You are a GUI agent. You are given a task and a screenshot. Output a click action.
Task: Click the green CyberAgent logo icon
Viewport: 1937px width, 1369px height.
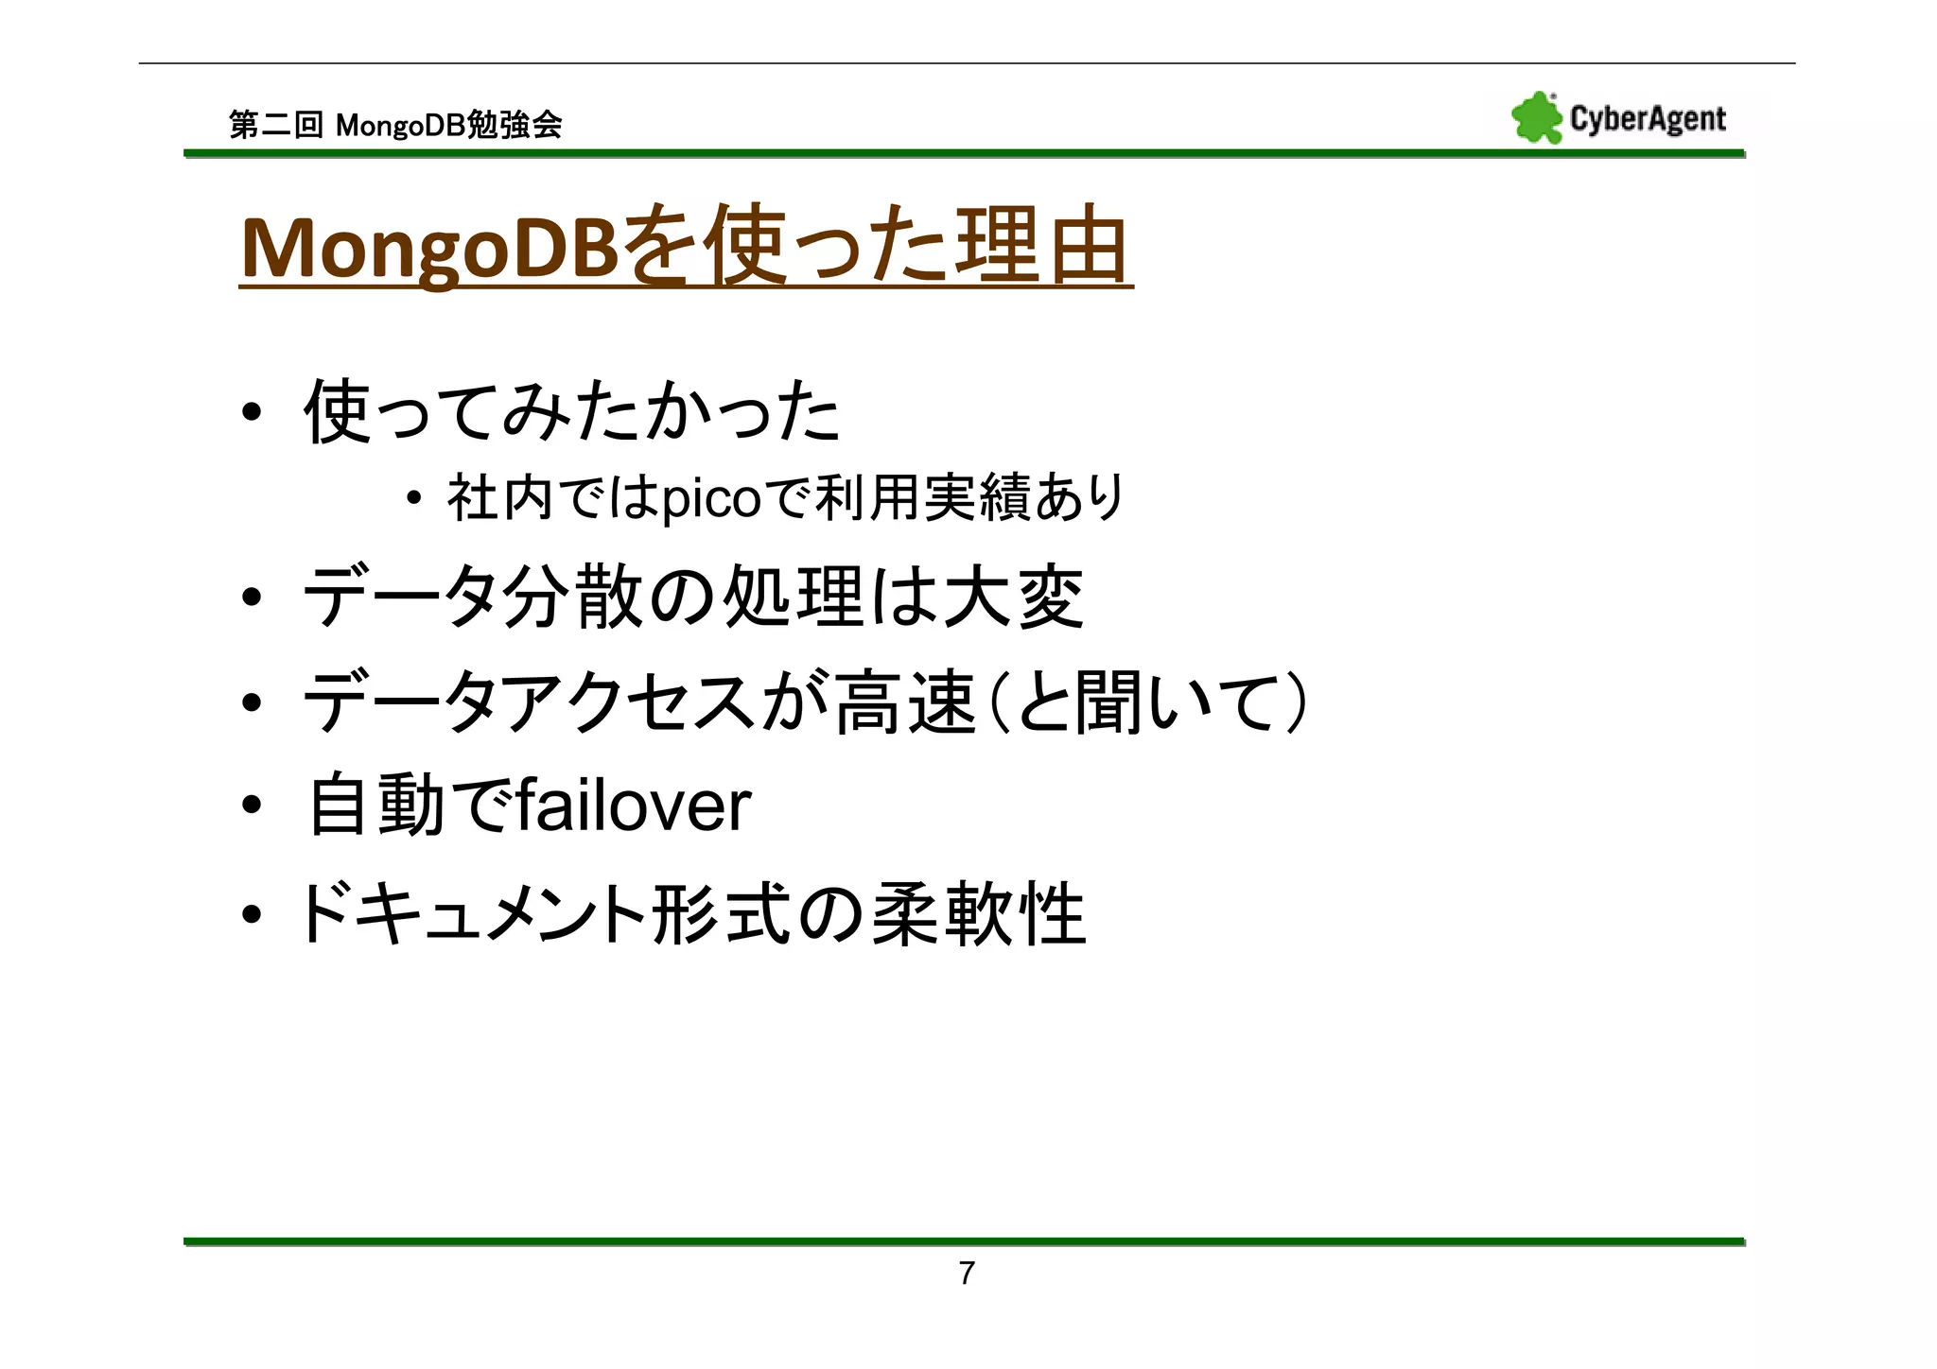(1536, 119)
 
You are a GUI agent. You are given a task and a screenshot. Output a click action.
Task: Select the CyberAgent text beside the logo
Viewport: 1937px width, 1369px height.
(1648, 119)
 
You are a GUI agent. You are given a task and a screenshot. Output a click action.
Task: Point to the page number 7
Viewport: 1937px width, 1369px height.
(966, 1274)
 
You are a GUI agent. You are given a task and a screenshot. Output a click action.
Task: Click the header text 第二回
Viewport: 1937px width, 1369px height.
(275, 125)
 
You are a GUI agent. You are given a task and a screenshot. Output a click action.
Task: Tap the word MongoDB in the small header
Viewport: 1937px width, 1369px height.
(400, 125)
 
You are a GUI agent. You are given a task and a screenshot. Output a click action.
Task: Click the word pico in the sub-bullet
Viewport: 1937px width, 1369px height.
(710, 499)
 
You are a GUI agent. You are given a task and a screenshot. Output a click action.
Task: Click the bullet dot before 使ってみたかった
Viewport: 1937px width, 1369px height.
(251, 413)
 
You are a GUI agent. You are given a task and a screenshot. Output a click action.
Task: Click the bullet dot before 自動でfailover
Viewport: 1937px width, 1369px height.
(251, 806)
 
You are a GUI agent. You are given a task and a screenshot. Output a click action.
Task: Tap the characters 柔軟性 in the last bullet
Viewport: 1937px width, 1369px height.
(978, 914)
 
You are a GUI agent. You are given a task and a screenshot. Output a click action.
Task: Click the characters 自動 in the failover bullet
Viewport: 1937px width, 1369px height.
(375, 806)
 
